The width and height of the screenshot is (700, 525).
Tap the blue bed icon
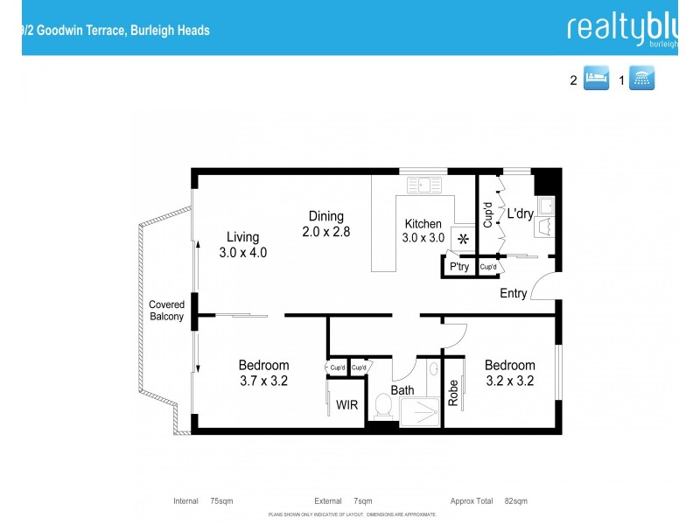tap(596, 79)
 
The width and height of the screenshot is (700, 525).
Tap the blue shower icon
tap(643, 79)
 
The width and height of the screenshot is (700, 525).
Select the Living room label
tap(243, 236)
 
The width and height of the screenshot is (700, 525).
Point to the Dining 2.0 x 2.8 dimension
tap(325, 232)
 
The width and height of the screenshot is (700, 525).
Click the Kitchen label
tap(423, 224)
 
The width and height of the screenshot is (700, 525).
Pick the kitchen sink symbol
tap(427, 185)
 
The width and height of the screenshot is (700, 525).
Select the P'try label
tap(458, 267)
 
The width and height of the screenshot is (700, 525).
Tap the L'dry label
tap(520, 213)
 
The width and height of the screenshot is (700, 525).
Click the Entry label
tap(514, 293)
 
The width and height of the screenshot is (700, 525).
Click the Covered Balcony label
tap(166, 311)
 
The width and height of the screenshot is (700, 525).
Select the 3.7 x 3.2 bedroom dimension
tap(264, 381)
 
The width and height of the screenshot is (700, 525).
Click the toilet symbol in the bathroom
tap(382, 405)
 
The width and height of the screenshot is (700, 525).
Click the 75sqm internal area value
tap(221, 501)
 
